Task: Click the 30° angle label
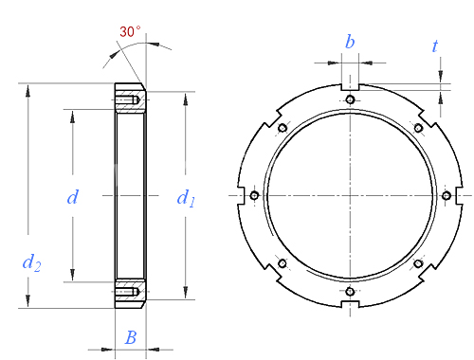point(130,31)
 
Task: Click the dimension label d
point(73,197)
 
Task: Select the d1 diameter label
point(186,198)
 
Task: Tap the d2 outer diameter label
point(31,262)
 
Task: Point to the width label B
point(131,337)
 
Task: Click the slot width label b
point(350,42)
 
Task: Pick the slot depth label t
point(435,46)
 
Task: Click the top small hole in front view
point(350,99)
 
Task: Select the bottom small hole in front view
point(350,291)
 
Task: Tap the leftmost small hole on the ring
point(254,195)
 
